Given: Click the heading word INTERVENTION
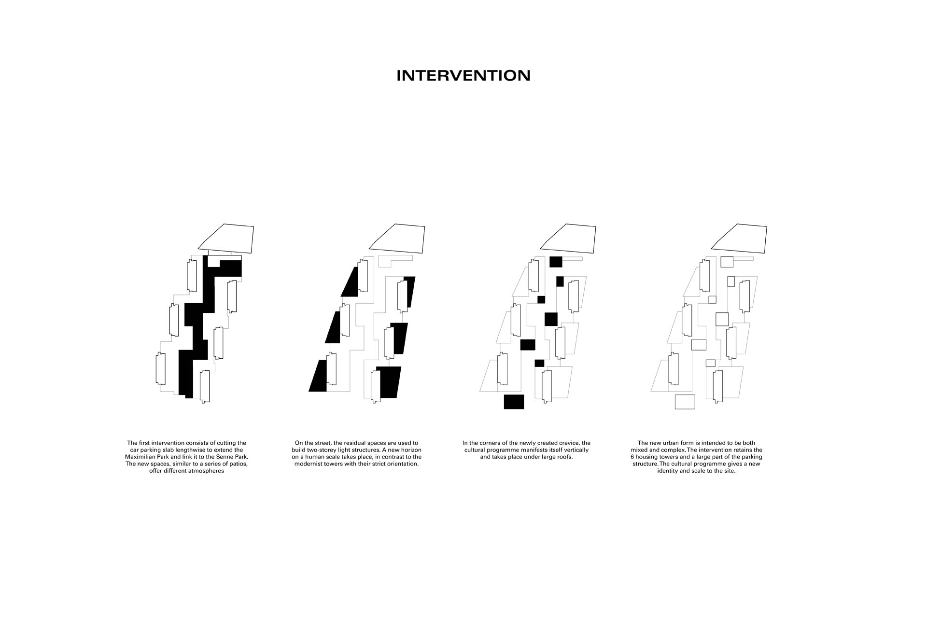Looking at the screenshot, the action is click(x=463, y=76).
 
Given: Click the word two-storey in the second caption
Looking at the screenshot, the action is click(x=323, y=450).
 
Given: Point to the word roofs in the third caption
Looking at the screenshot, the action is click(x=564, y=457).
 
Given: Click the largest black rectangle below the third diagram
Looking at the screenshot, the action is click(x=514, y=402).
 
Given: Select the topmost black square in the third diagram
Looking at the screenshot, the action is click(x=556, y=262).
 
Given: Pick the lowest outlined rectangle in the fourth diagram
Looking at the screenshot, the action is click(x=685, y=402).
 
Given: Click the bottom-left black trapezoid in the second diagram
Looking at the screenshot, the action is click(x=318, y=376).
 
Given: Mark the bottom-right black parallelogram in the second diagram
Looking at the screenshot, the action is click(x=389, y=382).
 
